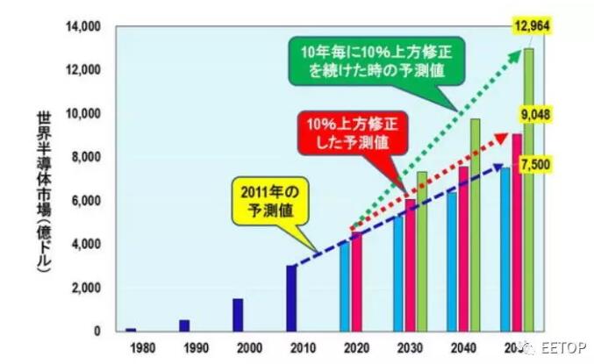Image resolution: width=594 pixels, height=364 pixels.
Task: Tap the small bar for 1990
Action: tap(184, 325)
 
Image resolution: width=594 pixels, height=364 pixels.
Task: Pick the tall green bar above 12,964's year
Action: tap(528, 189)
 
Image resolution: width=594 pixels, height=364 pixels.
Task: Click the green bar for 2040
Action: tap(476, 225)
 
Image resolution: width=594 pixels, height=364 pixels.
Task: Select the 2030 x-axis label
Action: tap(410, 346)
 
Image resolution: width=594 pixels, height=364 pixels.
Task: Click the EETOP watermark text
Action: tap(562, 346)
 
